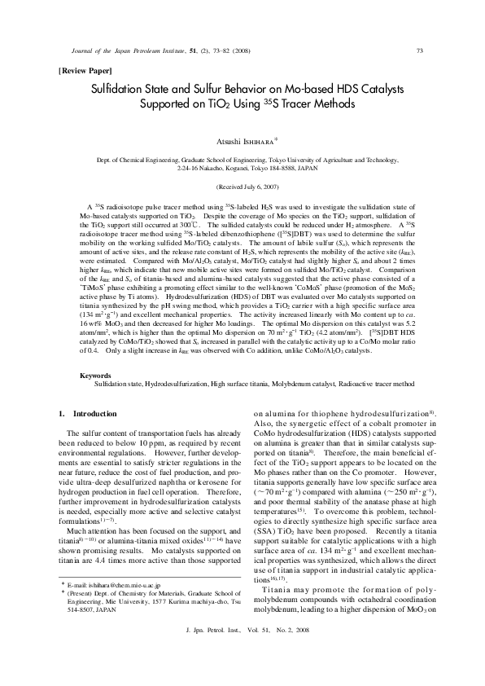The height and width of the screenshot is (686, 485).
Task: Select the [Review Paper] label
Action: [84, 71]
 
